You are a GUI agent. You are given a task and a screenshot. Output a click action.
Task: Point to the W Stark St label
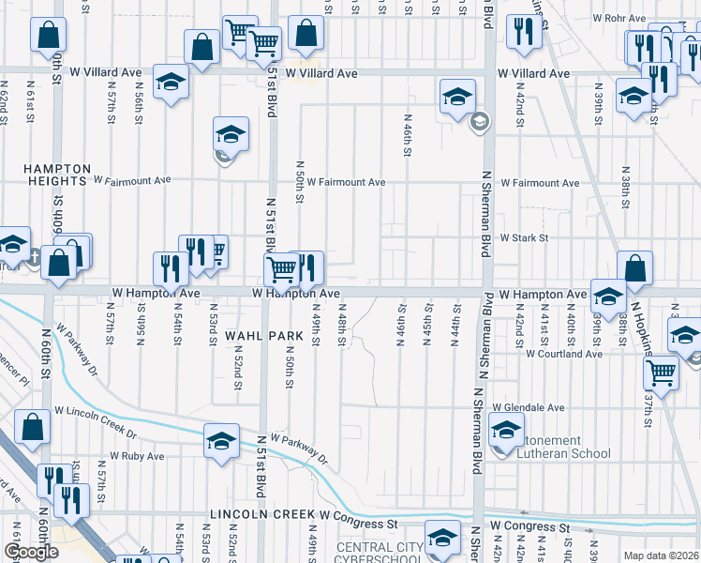point(523,238)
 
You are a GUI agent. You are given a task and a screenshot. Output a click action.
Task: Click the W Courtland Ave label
point(563,354)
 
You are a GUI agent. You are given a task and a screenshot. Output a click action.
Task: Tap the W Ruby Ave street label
point(137,456)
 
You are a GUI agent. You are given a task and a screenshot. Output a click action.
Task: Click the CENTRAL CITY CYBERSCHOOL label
point(378,554)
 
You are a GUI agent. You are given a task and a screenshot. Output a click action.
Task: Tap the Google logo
point(31,552)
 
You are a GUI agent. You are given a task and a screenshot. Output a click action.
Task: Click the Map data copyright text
point(662,555)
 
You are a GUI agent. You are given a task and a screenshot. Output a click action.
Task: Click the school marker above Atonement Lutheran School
point(506,431)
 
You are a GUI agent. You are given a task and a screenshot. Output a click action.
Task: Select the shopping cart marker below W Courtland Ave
point(661,372)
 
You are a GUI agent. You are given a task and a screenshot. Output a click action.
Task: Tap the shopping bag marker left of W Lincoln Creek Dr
point(32,426)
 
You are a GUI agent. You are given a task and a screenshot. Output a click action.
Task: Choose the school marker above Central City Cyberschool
point(442,538)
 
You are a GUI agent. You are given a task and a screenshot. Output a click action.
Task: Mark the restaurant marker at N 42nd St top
point(518,31)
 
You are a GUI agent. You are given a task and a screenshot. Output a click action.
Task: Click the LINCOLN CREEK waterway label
point(262,514)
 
